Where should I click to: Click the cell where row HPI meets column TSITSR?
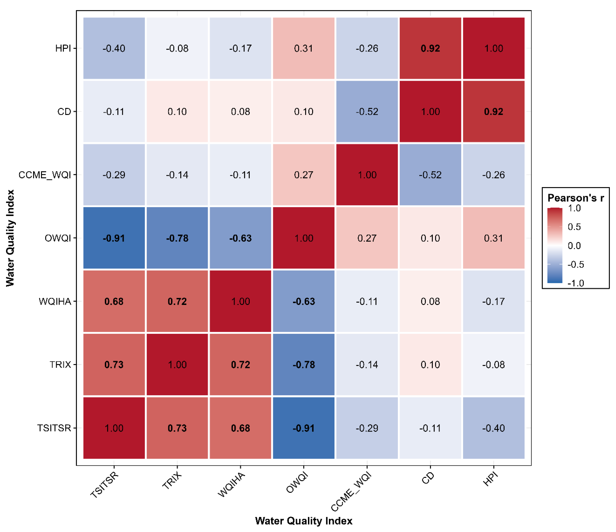(114, 48)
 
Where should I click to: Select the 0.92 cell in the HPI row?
(430, 48)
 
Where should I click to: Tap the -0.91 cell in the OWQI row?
(114, 238)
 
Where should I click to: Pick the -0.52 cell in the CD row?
(367, 111)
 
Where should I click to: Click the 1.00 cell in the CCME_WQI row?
(367, 175)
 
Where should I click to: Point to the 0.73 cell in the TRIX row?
(114, 365)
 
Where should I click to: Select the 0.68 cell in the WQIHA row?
(114, 301)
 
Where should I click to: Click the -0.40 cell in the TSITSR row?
(494, 428)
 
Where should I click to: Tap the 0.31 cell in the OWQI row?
(494, 238)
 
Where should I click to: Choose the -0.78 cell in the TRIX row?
(303, 365)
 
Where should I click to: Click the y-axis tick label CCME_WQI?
(45, 175)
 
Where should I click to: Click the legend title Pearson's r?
(576, 198)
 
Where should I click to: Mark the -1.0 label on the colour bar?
(576, 283)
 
